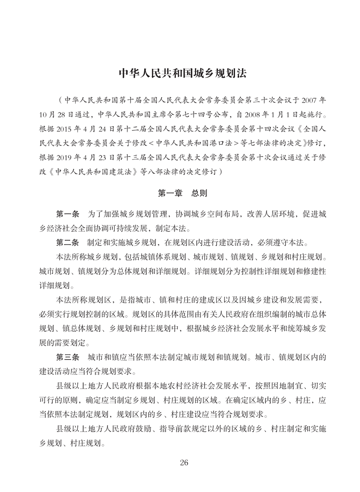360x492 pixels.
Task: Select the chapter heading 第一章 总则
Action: (180, 194)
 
